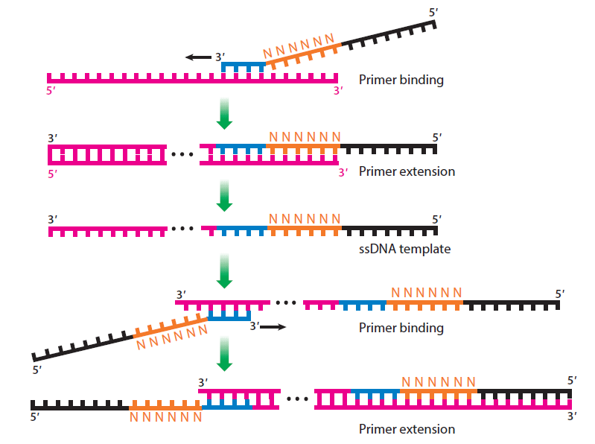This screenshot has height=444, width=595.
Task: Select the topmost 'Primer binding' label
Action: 401,80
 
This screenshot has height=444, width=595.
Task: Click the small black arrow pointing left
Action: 198,57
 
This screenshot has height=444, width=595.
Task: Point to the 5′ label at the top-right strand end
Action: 435,13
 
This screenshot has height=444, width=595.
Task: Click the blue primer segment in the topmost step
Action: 244,66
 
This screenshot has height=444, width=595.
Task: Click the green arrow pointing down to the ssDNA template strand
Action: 223,196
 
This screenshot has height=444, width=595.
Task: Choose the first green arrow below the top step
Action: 223,112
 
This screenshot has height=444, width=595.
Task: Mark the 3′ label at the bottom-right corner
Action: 571,416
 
